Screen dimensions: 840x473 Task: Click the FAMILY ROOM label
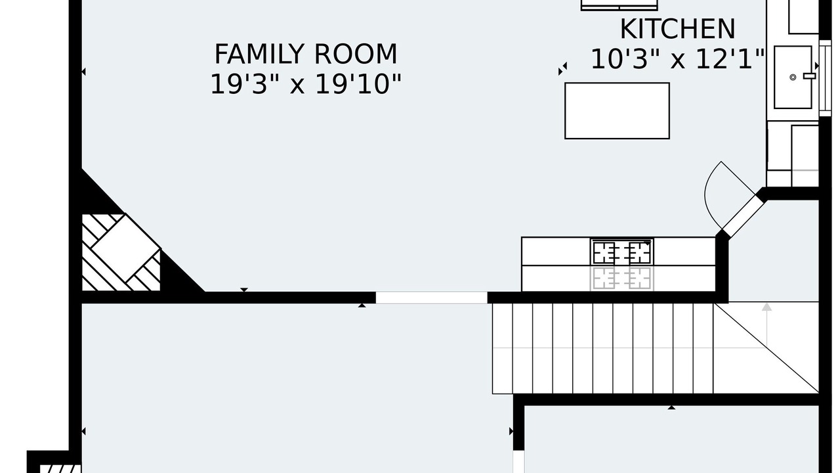306,55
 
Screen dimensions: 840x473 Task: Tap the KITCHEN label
677,29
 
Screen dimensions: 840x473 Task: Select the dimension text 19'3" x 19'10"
306,84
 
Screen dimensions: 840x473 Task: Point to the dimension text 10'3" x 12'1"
677,59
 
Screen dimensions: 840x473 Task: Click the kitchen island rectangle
617,111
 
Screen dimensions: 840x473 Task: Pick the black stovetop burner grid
621,252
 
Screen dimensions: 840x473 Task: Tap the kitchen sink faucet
809,76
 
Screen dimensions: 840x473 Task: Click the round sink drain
793,78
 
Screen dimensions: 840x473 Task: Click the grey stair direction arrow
767,325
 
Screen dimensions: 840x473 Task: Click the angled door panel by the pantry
744,217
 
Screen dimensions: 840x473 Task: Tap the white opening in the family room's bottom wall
432,298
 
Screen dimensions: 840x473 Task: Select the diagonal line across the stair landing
766,348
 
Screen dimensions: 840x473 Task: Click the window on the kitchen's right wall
826,78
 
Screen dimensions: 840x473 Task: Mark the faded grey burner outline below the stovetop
621,278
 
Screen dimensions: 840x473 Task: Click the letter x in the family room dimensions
297,86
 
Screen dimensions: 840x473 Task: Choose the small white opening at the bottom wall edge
518,462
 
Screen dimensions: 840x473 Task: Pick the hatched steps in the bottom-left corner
60,468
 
